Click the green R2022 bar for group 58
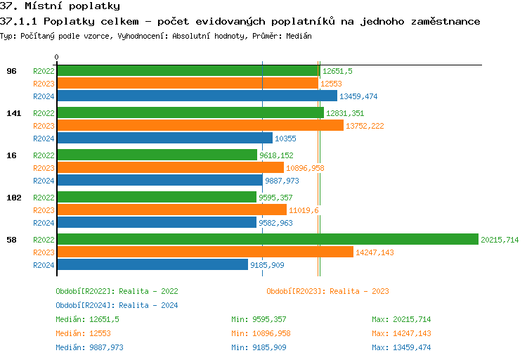tap(267, 240)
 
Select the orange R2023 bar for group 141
tap(200, 126)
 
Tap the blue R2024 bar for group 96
tap(197, 96)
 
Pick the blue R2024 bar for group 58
tap(152, 265)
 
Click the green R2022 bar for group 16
tap(157, 155)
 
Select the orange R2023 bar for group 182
tap(171, 210)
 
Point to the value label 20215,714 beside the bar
tap(500, 240)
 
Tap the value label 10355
tap(285, 139)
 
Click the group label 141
tap(13, 113)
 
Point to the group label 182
tap(13, 198)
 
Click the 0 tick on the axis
tap(57, 58)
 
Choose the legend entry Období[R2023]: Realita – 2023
tap(327, 291)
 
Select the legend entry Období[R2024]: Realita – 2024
tap(117, 305)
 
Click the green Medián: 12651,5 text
tap(87, 319)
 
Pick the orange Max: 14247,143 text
tap(401, 333)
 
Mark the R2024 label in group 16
tap(44, 181)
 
